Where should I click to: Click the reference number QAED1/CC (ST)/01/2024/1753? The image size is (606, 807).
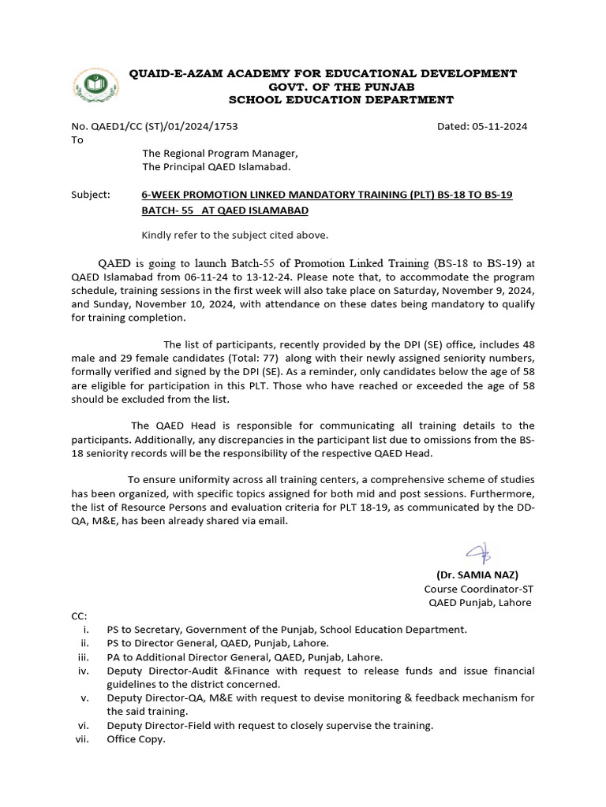[155, 126]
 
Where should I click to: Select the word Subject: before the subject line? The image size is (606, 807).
[91, 194]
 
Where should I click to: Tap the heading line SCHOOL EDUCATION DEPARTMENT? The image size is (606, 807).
[341, 100]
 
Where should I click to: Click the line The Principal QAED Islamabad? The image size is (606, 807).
[216, 167]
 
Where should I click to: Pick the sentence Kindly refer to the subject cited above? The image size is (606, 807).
[234, 235]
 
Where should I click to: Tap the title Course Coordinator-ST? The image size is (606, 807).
[478, 589]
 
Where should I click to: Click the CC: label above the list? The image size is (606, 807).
[79, 615]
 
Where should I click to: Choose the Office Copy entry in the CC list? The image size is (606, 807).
[136, 739]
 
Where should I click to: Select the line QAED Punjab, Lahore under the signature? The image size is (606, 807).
[480, 603]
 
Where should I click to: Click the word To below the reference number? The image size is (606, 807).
[77, 139]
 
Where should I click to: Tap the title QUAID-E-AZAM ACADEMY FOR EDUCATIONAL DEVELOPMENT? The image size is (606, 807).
[324, 73]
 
